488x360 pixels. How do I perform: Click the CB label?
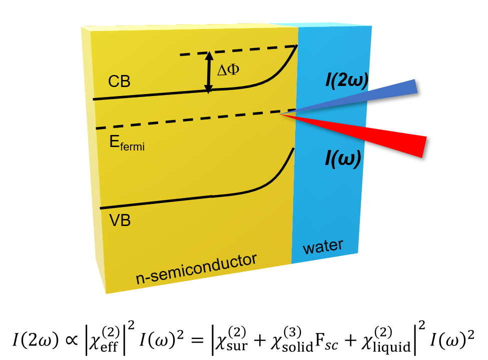(x=119, y=81)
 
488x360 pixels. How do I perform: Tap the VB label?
(x=120, y=220)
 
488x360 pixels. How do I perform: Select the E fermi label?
(x=127, y=143)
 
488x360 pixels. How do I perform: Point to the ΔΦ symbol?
(x=228, y=69)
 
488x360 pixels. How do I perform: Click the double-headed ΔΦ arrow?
(x=209, y=72)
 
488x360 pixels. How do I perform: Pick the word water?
(x=323, y=246)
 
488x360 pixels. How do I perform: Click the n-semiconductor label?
(x=196, y=269)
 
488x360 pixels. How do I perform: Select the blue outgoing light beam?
(x=348, y=97)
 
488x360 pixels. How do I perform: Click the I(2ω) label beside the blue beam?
(x=347, y=80)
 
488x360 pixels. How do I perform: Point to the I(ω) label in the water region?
(x=343, y=158)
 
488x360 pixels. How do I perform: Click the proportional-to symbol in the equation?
(x=71, y=340)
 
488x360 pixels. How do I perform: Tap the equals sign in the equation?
(x=197, y=339)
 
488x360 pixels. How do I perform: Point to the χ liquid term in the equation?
(x=386, y=340)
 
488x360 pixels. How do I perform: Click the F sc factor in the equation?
(x=326, y=340)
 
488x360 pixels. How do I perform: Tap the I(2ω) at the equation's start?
(x=36, y=339)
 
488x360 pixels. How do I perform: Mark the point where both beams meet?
(x=280, y=114)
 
